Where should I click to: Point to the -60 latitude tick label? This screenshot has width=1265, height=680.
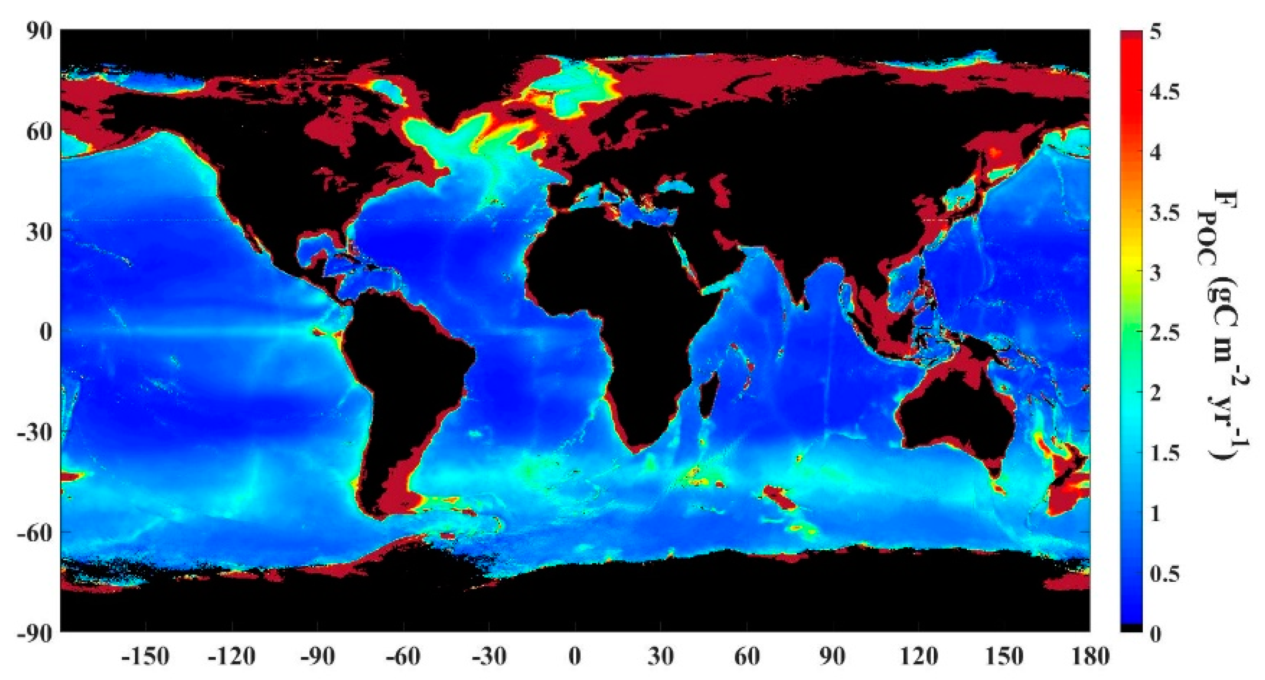(34, 533)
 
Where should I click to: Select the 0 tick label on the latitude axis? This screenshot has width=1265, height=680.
(46, 332)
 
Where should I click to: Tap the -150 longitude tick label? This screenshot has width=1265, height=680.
(145, 656)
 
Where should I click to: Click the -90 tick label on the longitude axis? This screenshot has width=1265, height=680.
(317, 656)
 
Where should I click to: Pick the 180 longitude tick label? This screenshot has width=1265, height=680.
(1089, 656)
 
